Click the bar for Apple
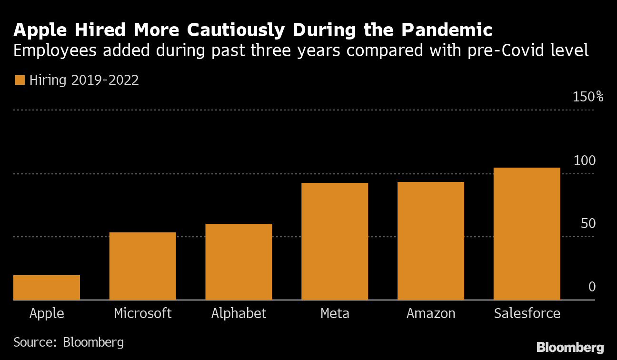(47, 288)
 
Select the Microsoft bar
(143, 266)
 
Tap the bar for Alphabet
(239, 262)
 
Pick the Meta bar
(335, 241)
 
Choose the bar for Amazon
(431, 241)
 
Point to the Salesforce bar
(527, 234)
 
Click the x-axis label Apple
(47, 313)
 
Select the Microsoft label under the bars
(143, 313)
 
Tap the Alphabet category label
(239, 313)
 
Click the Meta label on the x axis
(335, 313)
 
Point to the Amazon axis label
(431, 313)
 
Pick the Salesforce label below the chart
(527, 313)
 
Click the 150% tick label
(588, 97)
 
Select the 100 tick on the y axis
(584, 160)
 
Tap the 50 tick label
(588, 223)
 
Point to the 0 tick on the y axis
(592, 287)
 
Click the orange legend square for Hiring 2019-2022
(20, 80)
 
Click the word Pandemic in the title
(446, 30)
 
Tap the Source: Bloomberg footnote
(69, 342)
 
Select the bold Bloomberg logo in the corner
(570, 347)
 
